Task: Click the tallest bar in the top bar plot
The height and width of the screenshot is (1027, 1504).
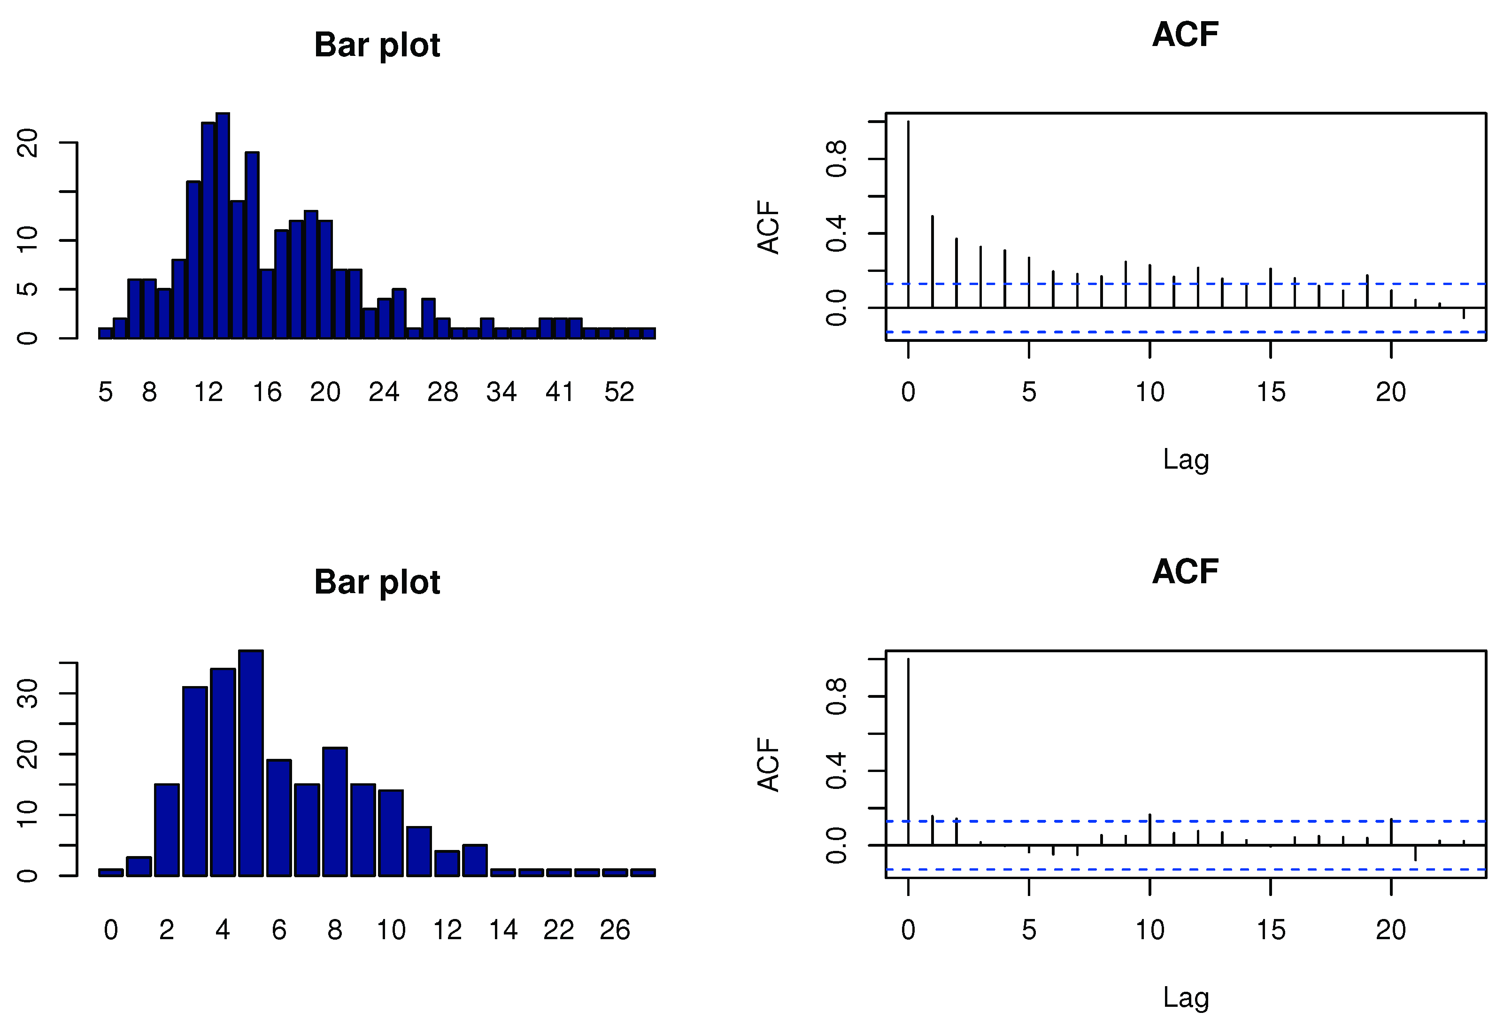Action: point(223,226)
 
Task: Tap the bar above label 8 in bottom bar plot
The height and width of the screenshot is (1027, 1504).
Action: point(335,812)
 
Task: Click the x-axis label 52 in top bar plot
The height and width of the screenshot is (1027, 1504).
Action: point(619,392)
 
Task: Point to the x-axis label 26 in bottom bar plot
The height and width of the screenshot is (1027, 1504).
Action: point(614,930)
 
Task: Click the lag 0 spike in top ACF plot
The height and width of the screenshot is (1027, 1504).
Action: point(909,214)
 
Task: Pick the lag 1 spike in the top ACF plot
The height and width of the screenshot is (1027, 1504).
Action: point(933,262)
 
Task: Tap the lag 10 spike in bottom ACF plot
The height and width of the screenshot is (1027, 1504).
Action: point(1150,830)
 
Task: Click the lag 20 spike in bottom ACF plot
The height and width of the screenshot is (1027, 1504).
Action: point(1391,832)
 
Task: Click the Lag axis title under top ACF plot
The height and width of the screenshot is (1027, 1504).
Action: point(1186,459)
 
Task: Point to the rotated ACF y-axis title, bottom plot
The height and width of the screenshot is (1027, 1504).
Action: point(769,765)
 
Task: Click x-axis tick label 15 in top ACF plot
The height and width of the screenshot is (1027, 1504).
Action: point(1270,392)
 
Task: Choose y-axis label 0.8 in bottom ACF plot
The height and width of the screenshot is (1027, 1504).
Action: point(836,696)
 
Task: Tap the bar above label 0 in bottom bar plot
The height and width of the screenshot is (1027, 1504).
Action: point(111,873)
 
